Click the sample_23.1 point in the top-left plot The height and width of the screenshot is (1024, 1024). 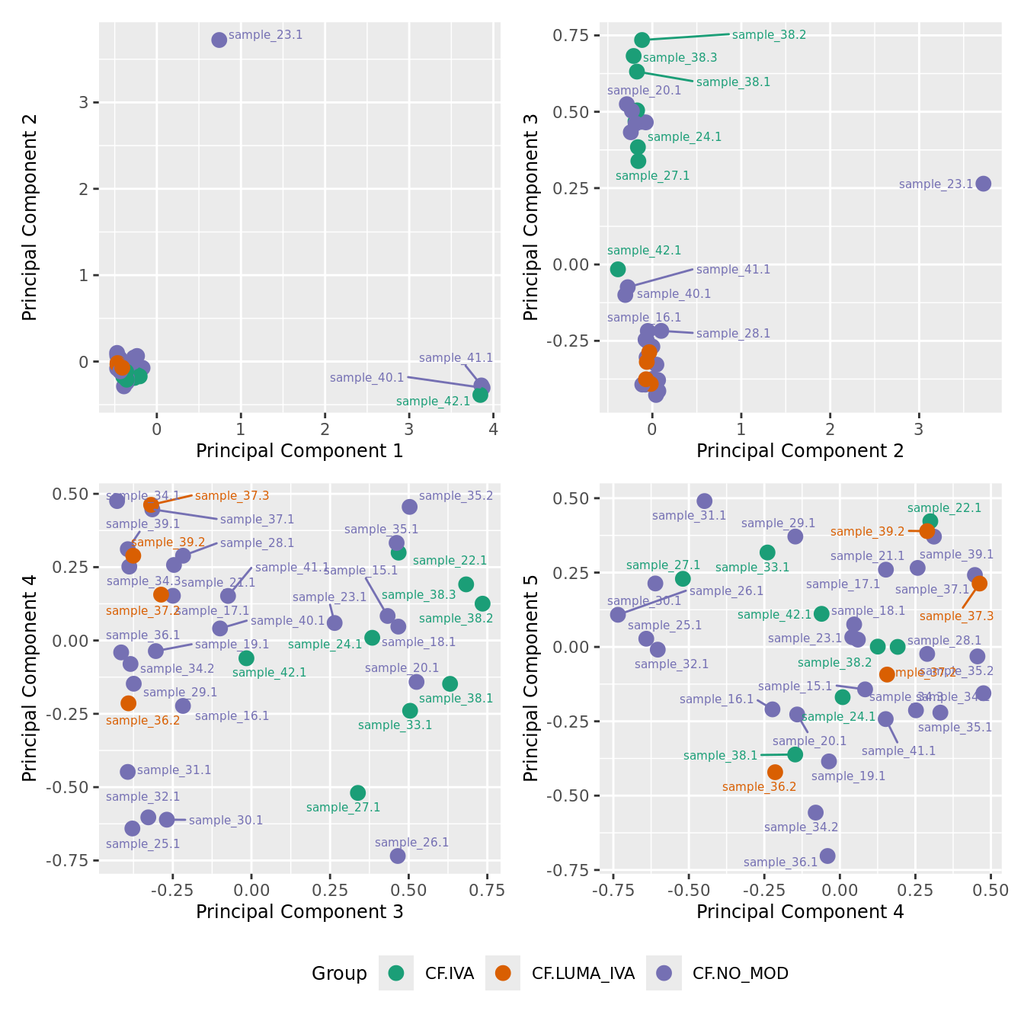219,40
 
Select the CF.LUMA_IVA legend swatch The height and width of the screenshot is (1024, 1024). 503,973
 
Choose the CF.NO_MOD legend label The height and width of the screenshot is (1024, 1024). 740,973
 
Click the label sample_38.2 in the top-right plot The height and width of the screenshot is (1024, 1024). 769,35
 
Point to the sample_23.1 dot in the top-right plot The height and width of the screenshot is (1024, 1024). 984,184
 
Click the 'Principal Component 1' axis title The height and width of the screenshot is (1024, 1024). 299,451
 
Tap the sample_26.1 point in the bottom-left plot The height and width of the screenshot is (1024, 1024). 398,856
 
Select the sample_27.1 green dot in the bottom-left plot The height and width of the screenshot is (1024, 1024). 358,793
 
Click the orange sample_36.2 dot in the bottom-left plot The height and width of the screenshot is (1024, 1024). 128,703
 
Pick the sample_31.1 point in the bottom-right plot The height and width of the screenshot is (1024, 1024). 705,501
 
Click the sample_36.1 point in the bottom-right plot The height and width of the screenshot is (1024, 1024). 827,856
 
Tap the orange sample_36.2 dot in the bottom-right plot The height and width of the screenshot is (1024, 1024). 775,772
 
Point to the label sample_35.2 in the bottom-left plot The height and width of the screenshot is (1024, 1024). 456,496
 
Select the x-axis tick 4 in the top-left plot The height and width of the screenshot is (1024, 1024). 493,430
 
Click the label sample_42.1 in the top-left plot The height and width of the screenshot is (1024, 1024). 433,402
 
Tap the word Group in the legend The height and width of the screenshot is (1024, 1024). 339,974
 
